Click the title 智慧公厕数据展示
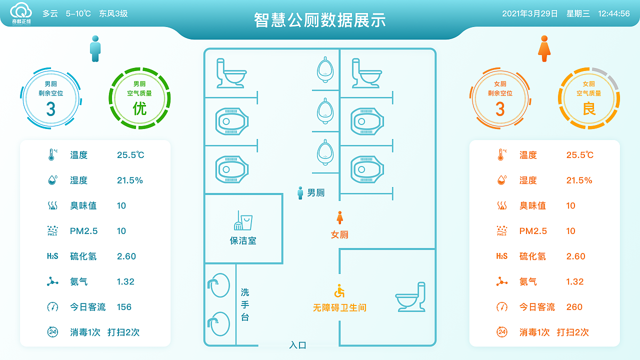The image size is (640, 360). click(319, 20)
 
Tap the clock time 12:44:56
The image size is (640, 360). click(613, 14)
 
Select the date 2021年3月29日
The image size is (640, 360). click(529, 14)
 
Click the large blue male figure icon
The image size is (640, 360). click(95, 48)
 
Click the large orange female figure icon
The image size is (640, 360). click(544, 48)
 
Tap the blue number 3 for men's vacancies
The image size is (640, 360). click(50, 109)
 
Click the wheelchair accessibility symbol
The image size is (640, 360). click(339, 291)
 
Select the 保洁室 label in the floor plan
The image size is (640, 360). click(243, 240)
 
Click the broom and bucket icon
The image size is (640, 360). click(243, 220)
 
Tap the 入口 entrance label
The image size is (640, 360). click(297, 345)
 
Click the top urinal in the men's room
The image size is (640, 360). click(325, 70)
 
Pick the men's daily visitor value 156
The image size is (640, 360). click(124, 307)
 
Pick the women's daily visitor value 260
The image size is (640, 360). click(574, 307)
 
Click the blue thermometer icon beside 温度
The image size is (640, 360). click(51, 155)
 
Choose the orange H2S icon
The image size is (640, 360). click(501, 256)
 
